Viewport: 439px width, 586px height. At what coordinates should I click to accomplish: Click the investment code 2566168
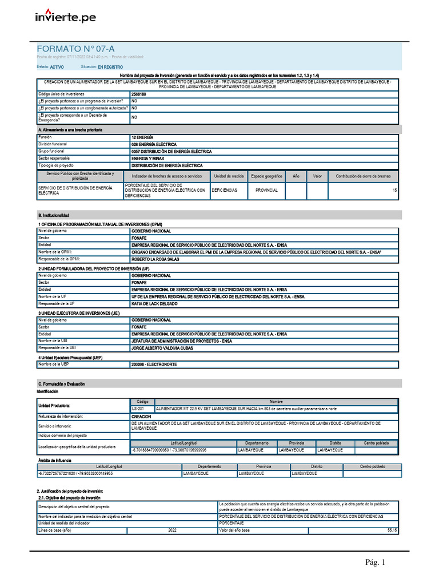click(138, 93)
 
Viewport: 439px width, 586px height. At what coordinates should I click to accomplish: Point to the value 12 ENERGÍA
click(142, 138)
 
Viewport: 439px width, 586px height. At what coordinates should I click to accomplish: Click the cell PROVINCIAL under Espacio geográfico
click(266, 190)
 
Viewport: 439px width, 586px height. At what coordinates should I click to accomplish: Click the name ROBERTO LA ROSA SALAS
click(155, 259)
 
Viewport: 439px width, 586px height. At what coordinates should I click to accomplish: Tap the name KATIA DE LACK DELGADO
click(154, 304)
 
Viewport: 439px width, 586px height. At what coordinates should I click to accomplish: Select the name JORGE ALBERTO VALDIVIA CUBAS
click(161, 348)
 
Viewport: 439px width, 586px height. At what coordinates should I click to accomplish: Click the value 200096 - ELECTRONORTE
click(154, 364)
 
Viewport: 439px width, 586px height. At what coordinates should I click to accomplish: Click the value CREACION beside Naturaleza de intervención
click(141, 417)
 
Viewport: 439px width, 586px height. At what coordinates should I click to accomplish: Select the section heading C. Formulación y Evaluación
click(61, 383)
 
